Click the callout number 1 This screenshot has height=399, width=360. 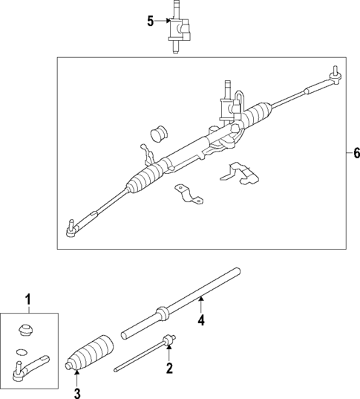click(28, 299)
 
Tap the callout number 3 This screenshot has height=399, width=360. click(76, 392)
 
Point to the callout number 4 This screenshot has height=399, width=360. click(200, 321)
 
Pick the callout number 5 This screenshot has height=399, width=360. click(151, 21)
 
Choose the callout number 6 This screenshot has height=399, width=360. click(356, 153)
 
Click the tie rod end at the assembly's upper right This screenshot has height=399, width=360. click(334, 74)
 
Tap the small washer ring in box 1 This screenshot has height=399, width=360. click(22, 351)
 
